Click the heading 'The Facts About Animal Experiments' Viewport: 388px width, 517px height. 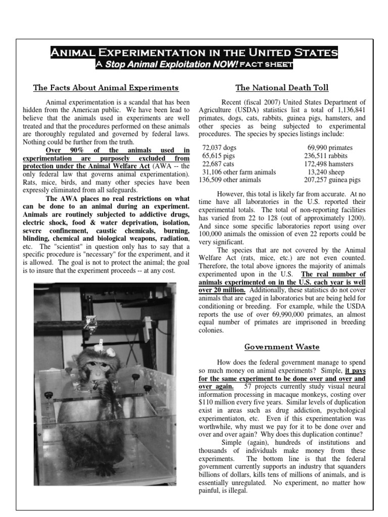(x=106, y=88)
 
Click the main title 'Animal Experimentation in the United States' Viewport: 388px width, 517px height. (x=194, y=53)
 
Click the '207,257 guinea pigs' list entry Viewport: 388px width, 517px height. (x=332, y=180)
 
